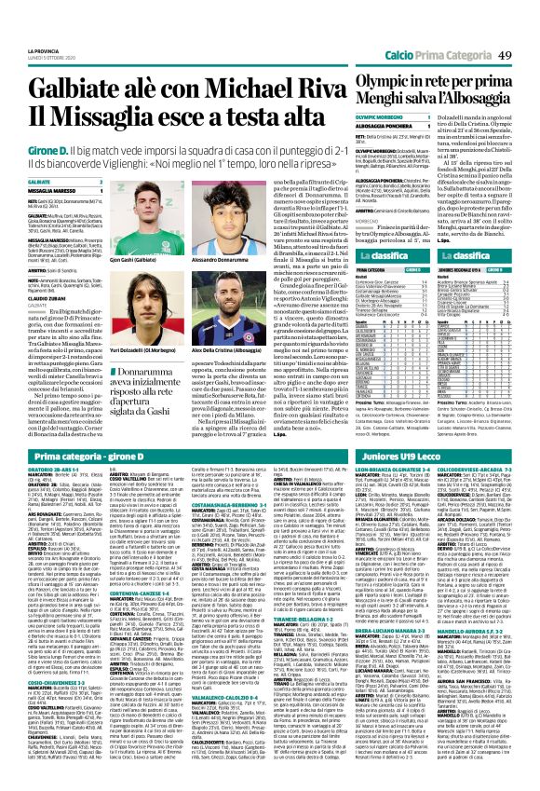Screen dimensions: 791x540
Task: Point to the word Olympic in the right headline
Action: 387,59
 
